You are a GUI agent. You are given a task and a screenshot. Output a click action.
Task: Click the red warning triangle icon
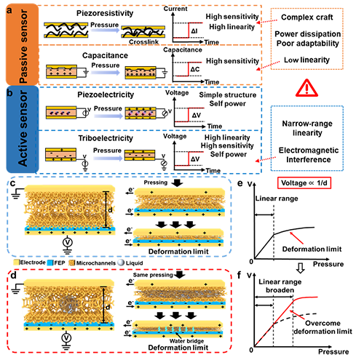(x=306, y=88)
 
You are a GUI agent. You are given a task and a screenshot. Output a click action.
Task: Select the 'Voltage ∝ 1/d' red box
(x=304, y=183)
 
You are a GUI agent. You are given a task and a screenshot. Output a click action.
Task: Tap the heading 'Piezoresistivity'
(x=105, y=13)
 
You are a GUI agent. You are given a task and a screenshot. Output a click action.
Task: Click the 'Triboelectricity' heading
(x=106, y=138)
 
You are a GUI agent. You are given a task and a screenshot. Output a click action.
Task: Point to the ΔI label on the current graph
(x=194, y=31)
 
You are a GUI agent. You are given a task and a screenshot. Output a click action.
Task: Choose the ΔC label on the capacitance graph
(x=195, y=69)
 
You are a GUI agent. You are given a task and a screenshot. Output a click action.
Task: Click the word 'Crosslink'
(x=143, y=42)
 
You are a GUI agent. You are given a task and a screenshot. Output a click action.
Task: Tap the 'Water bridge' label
(x=186, y=341)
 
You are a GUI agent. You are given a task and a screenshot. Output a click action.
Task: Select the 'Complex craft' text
(x=307, y=17)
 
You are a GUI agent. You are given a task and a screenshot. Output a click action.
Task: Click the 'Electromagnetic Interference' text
(x=309, y=155)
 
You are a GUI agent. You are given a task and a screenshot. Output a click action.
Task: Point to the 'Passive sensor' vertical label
(x=23, y=46)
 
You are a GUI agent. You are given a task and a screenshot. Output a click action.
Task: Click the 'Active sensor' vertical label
(x=23, y=129)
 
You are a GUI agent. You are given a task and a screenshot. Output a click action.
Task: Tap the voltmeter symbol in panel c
(x=68, y=242)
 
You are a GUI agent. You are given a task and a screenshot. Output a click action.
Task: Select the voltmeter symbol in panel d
(x=66, y=337)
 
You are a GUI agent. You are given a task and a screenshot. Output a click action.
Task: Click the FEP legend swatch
(x=50, y=263)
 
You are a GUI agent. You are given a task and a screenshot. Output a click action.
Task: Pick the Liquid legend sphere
(x=121, y=263)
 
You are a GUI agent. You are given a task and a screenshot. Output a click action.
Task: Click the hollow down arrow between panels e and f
(x=301, y=268)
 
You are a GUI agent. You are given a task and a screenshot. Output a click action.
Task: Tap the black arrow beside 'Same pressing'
(x=180, y=274)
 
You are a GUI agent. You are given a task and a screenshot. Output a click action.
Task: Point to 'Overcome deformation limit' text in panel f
(x=323, y=327)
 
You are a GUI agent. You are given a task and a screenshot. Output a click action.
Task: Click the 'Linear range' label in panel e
(x=277, y=199)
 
